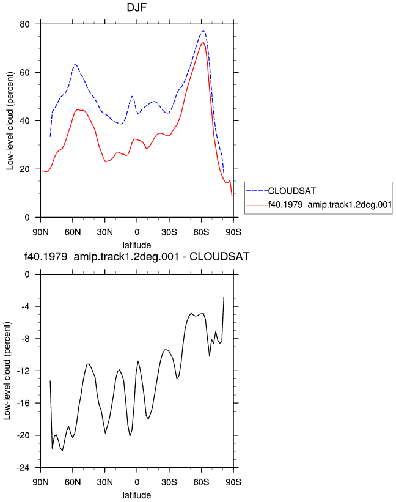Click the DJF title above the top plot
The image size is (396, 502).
coord(137,7)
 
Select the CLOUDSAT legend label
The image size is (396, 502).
coord(291,191)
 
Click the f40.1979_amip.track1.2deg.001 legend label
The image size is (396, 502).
coord(330,205)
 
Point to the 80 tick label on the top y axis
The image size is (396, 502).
coord(24,24)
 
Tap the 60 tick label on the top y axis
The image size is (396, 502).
coord(24,73)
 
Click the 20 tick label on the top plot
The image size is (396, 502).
coord(24,169)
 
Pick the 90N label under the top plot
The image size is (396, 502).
coord(40,232)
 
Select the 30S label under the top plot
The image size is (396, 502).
coord(169,232)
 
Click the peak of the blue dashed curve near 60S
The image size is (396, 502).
coord(204,31)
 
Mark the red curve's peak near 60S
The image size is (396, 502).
coord(203,42)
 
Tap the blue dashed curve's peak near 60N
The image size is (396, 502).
coord(75,64)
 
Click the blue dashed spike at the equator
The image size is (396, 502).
coord(132,96)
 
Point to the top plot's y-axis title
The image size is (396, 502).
coord(10,120)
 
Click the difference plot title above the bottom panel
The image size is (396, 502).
coord(137,256)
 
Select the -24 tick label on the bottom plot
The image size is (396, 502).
coord(23,468)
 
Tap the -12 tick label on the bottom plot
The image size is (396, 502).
coord(23,371)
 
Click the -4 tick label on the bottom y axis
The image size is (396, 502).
coord(25,307)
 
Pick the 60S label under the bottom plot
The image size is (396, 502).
coord(201,482)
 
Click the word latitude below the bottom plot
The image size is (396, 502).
coord(137,495)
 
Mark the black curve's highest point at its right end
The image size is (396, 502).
coord(224,297)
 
